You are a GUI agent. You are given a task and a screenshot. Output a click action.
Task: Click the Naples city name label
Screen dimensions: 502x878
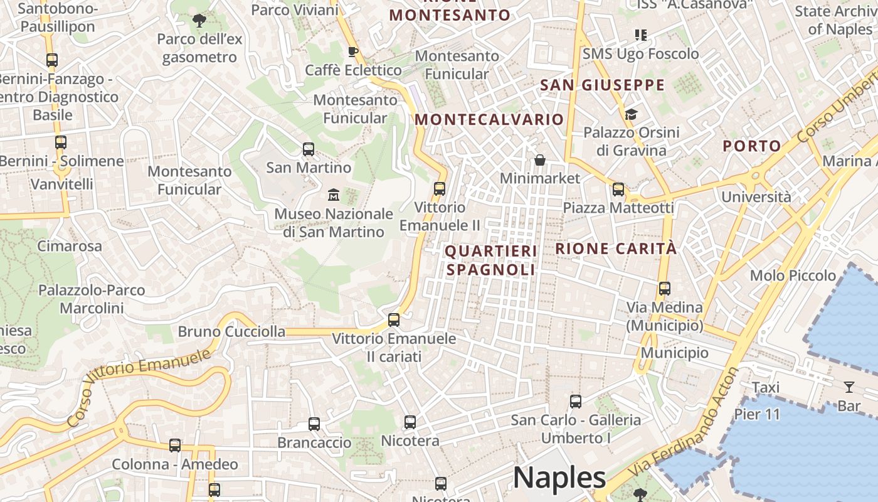coord(559,478)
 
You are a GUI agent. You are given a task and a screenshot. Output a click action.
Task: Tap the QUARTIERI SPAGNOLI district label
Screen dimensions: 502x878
coord(490,260)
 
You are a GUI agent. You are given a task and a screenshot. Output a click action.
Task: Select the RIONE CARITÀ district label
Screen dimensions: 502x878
coord(616,248)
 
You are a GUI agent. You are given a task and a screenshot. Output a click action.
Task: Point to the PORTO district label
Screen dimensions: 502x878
coord(752,146)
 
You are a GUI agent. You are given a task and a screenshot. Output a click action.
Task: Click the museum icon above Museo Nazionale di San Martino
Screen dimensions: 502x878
coord(334,195)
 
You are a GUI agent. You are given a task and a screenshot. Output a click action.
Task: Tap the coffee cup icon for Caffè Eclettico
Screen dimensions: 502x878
coord(352,51)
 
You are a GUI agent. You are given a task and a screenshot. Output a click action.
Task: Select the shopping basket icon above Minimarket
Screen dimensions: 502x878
coord(540,161)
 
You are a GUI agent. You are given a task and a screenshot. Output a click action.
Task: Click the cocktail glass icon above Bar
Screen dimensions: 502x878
coord(849,387)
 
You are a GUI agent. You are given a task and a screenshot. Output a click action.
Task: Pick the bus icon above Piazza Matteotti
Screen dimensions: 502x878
coord(618,189)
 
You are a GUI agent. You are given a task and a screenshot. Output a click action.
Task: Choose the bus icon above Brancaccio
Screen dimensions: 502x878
coord(314,424)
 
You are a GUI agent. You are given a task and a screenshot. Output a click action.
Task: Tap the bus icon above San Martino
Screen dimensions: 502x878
coord(309,149)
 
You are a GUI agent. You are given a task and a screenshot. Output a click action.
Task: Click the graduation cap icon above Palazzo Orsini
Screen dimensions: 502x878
coord(631,114)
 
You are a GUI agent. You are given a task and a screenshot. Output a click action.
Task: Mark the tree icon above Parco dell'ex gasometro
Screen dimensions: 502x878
coord(199,21)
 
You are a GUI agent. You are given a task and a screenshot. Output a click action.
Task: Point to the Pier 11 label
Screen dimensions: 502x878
coord(757,414)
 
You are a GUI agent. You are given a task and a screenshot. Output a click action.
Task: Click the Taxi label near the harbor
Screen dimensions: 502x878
coord(765,387)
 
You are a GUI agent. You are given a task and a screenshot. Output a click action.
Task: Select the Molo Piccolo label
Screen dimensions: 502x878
coord(793,275)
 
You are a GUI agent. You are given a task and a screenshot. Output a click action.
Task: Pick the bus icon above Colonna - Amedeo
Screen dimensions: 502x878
coord(175,446)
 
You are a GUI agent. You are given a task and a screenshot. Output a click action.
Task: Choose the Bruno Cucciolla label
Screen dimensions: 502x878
coord(231,332)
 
